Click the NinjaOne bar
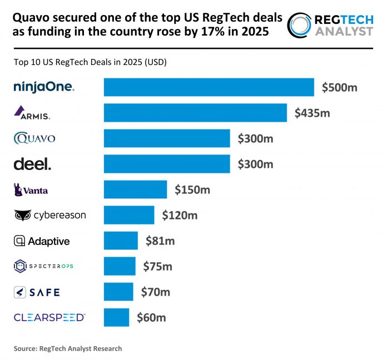pyautogui.click(x=209, y=87)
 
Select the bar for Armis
pyautogui.click(x=195, y=113)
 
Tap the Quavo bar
pyautogui.click(x=167, y=138)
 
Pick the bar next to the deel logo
pyautogui.click(x=167, y=164)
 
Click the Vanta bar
pyautogui.click(x=135, y=189)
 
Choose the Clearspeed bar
pyautogui.click(x=116, y=317)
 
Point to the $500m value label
pyautogui.click(x=340, y=87)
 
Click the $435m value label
pyautogui.click(x=312, y=113)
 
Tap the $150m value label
pyautogui.click(x=192, y=189)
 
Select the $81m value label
pyautogui.click(x=160, y=241)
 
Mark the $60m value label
pyautogui.click(x=151, y=317)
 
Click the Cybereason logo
pyautogui.click(x=50, y=215)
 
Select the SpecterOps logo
pyautogui.click(x=43, y=267)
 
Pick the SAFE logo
pyautogui.click(x=37, y=292)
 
